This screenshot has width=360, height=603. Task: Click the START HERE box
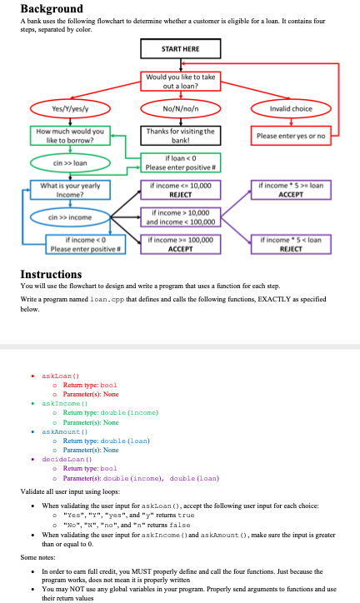(x=180, y=49)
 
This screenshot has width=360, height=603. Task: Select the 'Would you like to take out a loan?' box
(x=180, y=81)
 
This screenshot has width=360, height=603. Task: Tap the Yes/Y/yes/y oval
(x=71, y=108)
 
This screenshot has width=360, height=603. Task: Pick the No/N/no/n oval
(x=180, y=108)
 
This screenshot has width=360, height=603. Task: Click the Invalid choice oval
(x=291, y=108)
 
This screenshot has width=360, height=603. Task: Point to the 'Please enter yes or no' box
(x=291, y=136)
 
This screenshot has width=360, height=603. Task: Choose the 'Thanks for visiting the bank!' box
(x=180, y=135)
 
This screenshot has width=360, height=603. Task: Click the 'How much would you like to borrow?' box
(x=71, y=135)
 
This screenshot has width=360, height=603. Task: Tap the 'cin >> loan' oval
(x=71, y=163)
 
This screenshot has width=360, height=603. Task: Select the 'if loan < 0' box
(x=180, y=163)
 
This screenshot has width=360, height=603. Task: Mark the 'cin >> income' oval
(x=71, y=217)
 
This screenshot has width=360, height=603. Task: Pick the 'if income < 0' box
(x=71, y=245)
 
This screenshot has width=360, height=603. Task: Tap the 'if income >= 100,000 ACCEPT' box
(x=180, y=245)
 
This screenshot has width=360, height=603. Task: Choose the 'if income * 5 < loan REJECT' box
(x=291, y=245)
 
